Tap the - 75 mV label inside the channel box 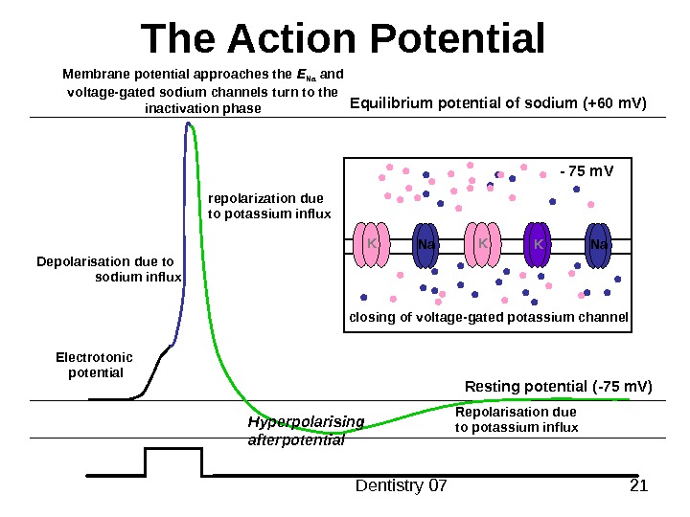click(x=585, y=171)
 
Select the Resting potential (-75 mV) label click(x=558, y=387)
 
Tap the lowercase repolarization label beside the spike click(x=268, y=206)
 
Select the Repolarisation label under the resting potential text click(x=516, y=419)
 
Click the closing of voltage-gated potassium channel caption click(x=488, y=317)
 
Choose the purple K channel click(x=539, y=246)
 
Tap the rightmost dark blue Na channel click(x=599, y=246)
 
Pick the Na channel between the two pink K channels click(x=426, y=246)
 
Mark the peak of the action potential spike click(x=190, y=123)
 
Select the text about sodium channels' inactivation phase click(x=202, y=91)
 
